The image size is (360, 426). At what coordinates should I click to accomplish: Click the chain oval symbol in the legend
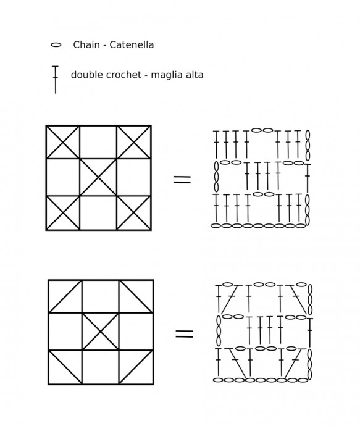coord(56,45)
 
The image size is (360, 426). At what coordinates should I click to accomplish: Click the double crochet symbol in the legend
coord(56,80)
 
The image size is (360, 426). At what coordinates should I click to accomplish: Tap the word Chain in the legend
coord(86,44)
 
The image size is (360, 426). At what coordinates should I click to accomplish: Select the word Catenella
coord(132,44)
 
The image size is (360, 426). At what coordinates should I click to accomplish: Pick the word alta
coord(194,75)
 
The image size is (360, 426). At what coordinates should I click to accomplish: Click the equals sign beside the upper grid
coord(182,179)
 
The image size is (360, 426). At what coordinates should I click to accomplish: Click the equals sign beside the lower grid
coord(184,333)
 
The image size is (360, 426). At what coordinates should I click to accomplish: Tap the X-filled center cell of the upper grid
coord(98,177)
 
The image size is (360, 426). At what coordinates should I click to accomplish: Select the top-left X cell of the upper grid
coord(63,142)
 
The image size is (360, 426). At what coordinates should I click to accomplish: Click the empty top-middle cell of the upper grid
coord(98,142)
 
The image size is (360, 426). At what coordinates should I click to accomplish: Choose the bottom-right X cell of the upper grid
coord(133,213)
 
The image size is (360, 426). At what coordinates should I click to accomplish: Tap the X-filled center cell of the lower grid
coord(100,332)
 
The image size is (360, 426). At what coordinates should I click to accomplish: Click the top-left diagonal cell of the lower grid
coord(65,296)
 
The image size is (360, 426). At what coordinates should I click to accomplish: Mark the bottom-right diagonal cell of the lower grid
coord(136,367)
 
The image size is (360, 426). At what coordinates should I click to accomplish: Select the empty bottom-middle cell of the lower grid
coord(101,367)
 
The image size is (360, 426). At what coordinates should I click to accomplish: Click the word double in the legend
coord(87,75)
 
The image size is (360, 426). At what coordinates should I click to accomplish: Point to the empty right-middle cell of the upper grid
coord(133,177)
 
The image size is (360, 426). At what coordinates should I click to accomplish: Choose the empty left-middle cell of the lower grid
coord(65,332)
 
